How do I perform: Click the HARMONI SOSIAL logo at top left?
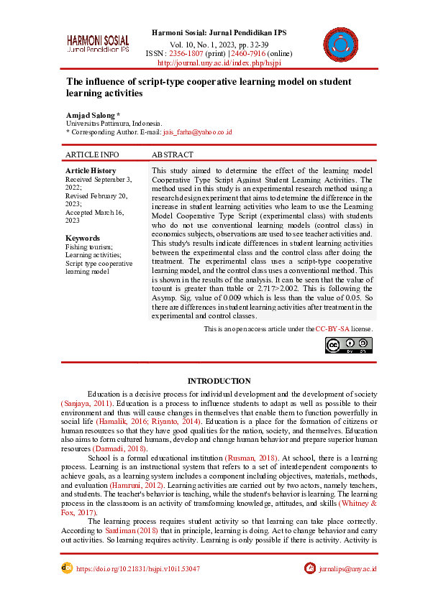click(x=97, y=43)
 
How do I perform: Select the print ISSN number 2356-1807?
click(x=184, y=53)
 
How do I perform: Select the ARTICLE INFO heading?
click(x=92, y=154)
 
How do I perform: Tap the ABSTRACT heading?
click(x=173, y=154)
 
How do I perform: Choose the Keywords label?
click(x=82, y=238)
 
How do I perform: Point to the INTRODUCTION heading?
click(x=219, y=381)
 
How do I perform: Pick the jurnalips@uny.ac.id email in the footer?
click(x=348, y=568)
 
